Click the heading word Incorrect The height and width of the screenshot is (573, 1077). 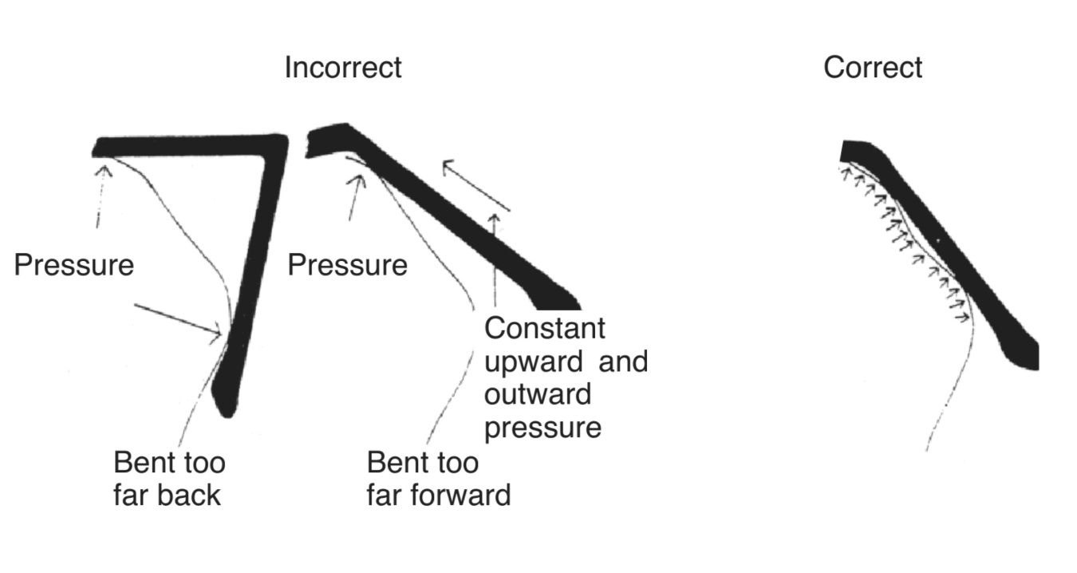coord(343,68)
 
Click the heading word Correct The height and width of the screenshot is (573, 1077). coord(872,68)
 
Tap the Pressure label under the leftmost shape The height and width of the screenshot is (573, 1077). coord(74,265)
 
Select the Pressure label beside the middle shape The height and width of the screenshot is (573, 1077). coord(347,265)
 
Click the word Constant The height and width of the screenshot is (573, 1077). coord(545,328)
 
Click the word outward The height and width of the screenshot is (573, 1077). coord(537,394)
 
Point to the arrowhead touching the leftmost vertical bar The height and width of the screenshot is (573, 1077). coord(217,334)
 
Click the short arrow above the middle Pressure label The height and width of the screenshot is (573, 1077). coord(355,196)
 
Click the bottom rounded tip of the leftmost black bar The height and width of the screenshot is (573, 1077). coord(227,409)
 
